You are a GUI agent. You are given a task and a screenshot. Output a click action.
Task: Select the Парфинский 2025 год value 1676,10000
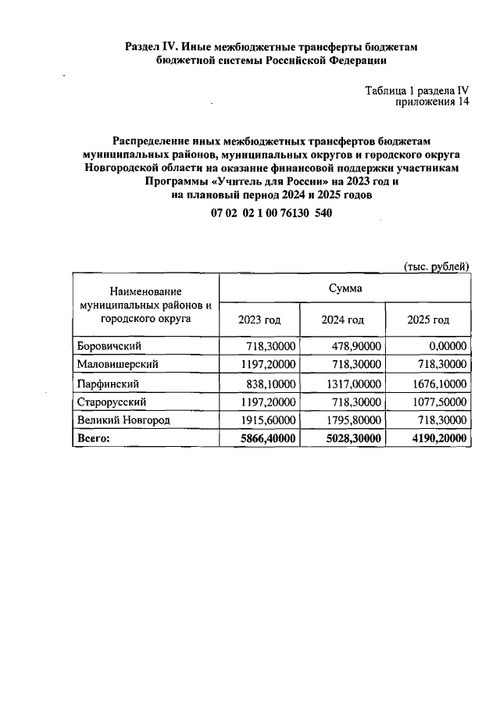click(437, 384)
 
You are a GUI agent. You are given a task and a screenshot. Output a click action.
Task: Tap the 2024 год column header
click(342, 320)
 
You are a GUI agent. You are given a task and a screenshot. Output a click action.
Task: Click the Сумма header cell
click(345, 288)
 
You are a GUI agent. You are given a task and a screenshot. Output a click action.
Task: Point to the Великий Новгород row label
click(123, 421)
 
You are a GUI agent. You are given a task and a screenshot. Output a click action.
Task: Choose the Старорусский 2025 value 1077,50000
click(437, 402)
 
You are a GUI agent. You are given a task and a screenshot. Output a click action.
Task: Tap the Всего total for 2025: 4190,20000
click(437, 440)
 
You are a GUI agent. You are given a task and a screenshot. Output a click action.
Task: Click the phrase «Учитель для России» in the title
click(259, 181)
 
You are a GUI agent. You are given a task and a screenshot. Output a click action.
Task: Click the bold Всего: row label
click(93, 440)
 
